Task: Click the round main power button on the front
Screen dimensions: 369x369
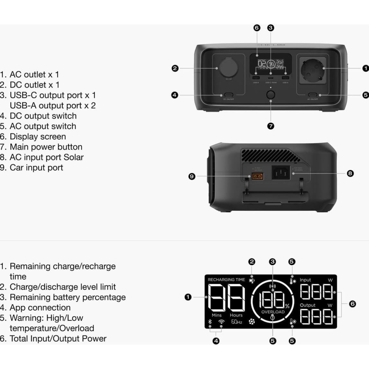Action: pyautogui.click(x=270, y=95)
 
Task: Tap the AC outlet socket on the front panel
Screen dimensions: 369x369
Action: pyautogui.click(x=313, y=70)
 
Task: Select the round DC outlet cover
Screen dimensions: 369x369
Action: pyautogui.click(x=229, y=68)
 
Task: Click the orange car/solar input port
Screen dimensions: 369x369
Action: pyautogui.click(x=257, y=176)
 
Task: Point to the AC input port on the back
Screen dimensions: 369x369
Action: pyautogui.click(x=280, y=173)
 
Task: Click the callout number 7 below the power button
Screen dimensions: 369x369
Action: pyautogui.click(x=270, y=126)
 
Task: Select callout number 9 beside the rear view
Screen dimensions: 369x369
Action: pyautogui.click(x=192, y=176)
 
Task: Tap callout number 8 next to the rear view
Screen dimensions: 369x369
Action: pyautogui.click(x=350, y=173)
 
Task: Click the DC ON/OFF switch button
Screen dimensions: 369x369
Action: pyautogui.click(x=229, y=95)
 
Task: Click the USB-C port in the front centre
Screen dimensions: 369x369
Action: pyautogui.click(x=270, y=78)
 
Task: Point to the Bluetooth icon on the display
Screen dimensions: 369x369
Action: pyautogui.click(x=210, y=322)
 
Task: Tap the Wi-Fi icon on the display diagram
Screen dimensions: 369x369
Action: pyautogui.click(x=221, y=322)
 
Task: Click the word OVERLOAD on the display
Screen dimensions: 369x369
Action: pyautogui.click(x=273, y=312)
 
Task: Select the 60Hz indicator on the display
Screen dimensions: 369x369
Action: pyautogui.click(x=236, y=322)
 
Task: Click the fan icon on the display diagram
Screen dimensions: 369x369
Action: pyautogui.click(x=252, y=322)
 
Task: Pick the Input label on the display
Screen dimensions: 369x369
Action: pyautogui.click(x=305, y=280)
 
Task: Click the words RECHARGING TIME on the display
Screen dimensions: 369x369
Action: pyautogui.click(x=226, y=280)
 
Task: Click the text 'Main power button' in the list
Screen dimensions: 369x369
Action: pyautogui.click(x=46, y=147)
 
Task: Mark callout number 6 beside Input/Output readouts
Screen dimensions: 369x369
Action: pyautogui.click(x=352, y=304)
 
